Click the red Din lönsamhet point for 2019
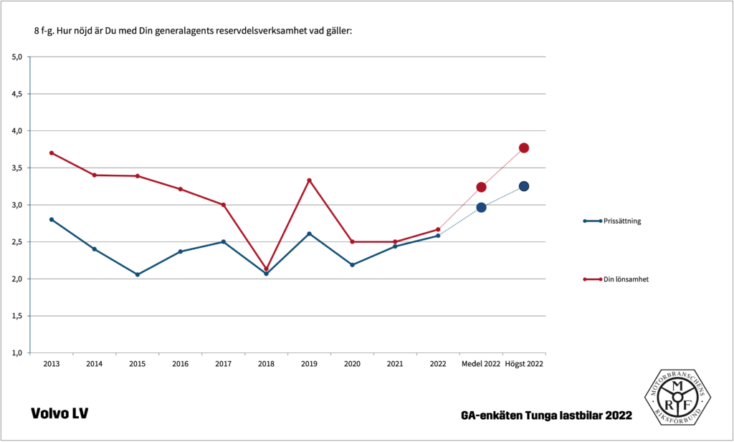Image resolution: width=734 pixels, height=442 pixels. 309,180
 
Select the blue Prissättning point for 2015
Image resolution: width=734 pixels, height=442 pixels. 137,274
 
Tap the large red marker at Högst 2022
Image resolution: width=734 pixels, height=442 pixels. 524,148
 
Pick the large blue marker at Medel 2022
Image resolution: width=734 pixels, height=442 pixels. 481,207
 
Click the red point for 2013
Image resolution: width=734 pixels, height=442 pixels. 52,153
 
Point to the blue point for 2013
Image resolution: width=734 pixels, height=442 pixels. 52,219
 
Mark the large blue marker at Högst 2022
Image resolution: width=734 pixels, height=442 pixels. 524,186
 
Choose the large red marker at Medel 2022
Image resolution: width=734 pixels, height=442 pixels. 481,187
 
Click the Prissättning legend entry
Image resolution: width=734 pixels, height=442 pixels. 621,221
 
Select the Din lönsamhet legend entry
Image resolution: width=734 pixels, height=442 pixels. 626,279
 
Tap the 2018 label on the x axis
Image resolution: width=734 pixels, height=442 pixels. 266,364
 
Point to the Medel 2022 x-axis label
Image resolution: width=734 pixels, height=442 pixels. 481,364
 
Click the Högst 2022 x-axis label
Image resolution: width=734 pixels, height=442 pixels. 524,364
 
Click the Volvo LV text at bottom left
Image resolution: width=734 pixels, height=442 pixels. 59,414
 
